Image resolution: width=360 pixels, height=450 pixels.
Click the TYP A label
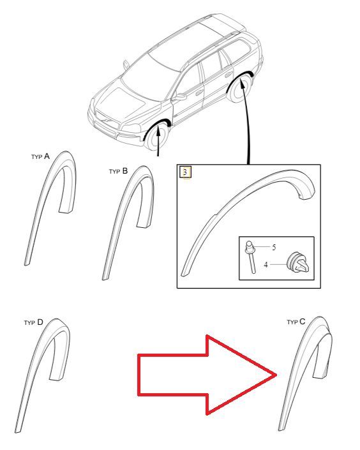[40, 156]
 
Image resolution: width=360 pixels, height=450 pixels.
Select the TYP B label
[118, 171]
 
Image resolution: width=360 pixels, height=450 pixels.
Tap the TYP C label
[296, 322]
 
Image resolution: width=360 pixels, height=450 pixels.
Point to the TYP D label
[33, 322]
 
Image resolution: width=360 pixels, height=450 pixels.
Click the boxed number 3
[185, 172]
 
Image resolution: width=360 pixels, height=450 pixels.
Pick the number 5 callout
[274, 248]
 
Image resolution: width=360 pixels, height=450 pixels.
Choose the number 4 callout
[266, 265]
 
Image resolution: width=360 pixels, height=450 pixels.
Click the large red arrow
[207, 375]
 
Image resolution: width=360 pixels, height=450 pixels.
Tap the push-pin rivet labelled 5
[251, 257]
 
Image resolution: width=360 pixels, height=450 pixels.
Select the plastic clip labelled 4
[297, 262]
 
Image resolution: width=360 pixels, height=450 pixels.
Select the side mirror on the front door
[180, 97]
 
